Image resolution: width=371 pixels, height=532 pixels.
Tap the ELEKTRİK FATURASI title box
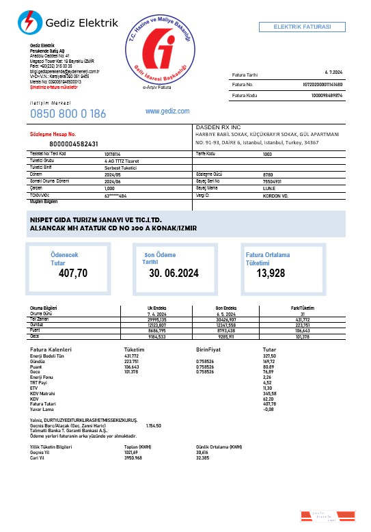302,27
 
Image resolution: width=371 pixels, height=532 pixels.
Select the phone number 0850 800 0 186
68,114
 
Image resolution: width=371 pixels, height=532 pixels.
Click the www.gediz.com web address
167,111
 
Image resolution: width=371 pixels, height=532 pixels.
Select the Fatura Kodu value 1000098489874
327,95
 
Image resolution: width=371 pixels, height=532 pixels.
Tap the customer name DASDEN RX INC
218,127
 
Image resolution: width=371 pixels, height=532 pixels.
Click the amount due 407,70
73,274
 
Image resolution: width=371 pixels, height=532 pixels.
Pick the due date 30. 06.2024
174,274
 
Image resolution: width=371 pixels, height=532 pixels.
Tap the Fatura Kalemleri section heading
52,349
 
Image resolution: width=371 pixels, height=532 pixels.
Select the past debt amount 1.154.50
154,425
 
